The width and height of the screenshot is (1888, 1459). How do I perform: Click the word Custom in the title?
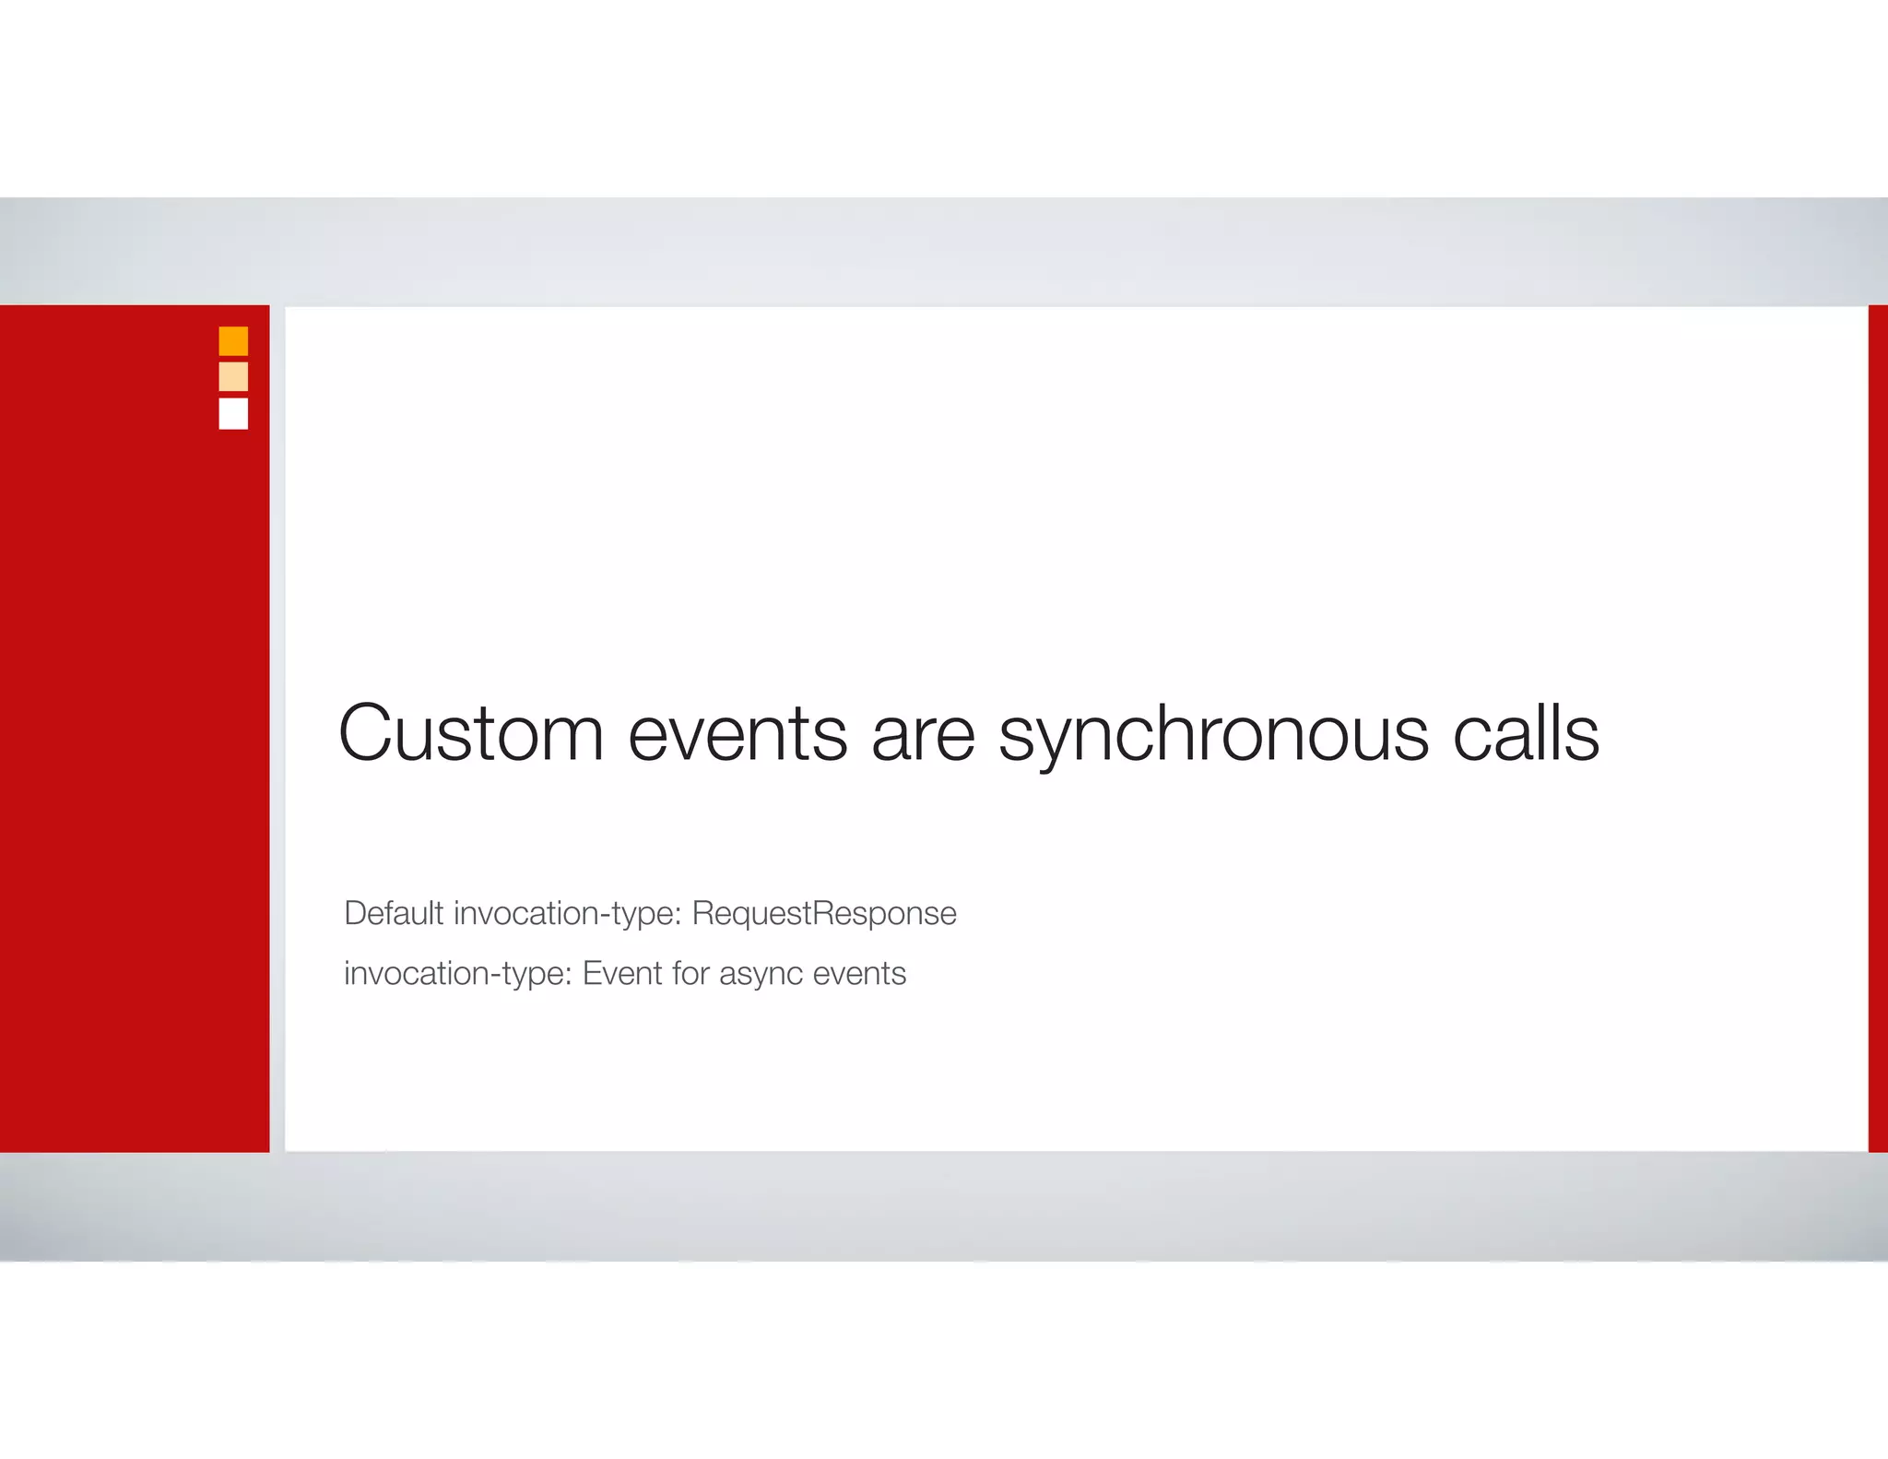[x=471, y=733]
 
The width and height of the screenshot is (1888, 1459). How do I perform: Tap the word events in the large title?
[x=737, y=733]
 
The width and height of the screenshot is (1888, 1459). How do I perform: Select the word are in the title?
[x=922, y=735]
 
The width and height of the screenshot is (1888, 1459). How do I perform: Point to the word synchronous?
[x=1213, y=735]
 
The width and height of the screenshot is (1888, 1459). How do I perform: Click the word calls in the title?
[x=1526, y=733]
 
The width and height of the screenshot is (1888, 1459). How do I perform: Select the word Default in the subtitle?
[x=394, y=913]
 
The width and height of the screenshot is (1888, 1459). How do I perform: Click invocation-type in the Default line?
[x=567, y=913]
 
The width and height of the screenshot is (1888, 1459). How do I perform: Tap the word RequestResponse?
[x=824, y=913]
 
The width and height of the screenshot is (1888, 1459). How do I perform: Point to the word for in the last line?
[x=690, y=973]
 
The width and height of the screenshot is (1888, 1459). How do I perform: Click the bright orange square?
[x=233, y=341]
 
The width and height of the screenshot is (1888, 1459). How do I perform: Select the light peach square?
[x=233, y=376]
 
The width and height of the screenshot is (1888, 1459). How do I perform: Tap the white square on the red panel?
[x=233, y=413]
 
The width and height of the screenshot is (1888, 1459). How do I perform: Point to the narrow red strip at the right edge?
[x=1878, y=729]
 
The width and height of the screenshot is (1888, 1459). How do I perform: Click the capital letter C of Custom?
[x=367, y=733]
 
